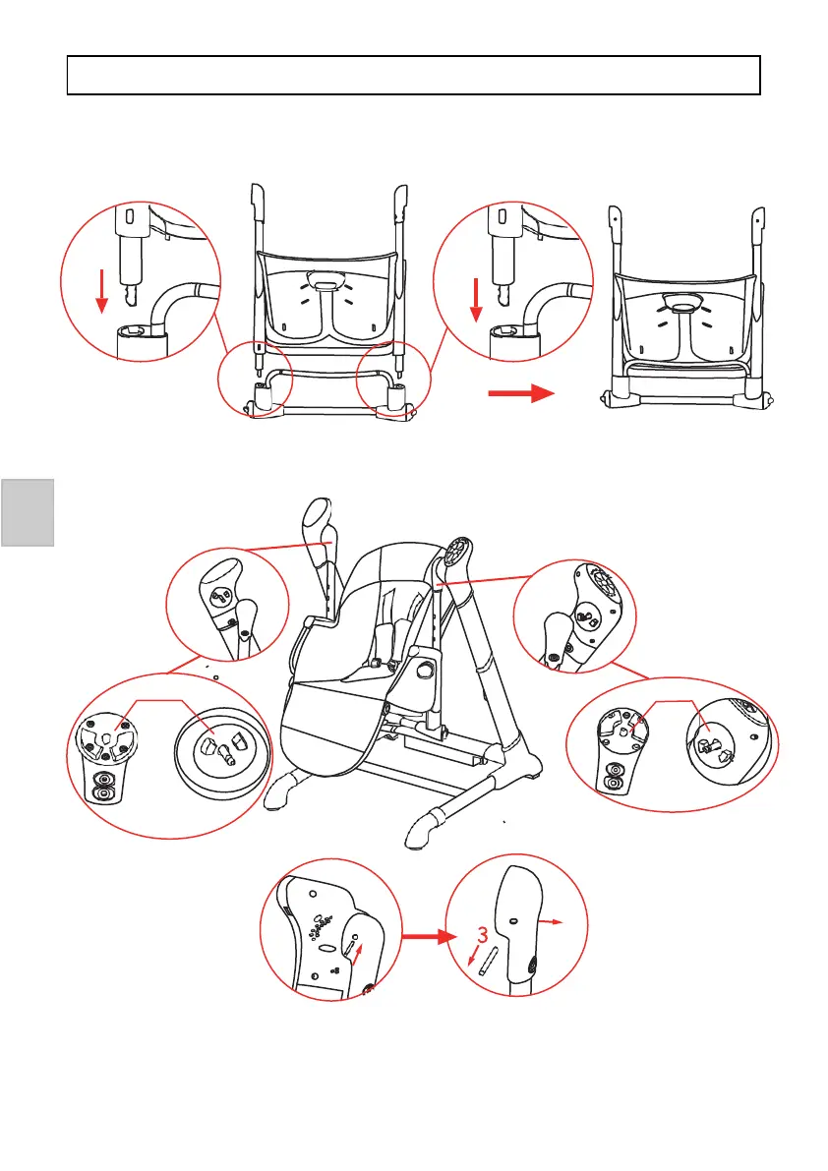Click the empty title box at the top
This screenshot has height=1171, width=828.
point(414,75)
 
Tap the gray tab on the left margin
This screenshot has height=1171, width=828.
point(27,511)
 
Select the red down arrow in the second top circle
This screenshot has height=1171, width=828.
point(475,299)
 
